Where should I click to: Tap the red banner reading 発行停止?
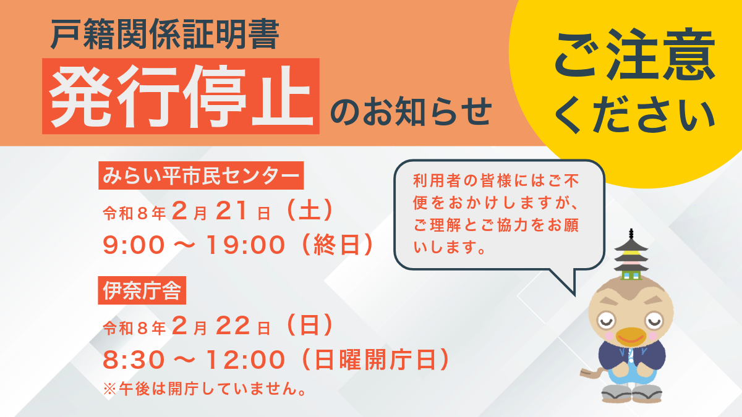(x=181, y=96)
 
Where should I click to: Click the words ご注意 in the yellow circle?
(x=634, y=57)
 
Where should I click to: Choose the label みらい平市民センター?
(x=201, y=176)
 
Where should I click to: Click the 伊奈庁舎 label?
(x=142, y=291)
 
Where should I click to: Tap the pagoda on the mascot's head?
(x=631, y=256)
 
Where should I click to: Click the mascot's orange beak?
(x=631, y=337)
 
